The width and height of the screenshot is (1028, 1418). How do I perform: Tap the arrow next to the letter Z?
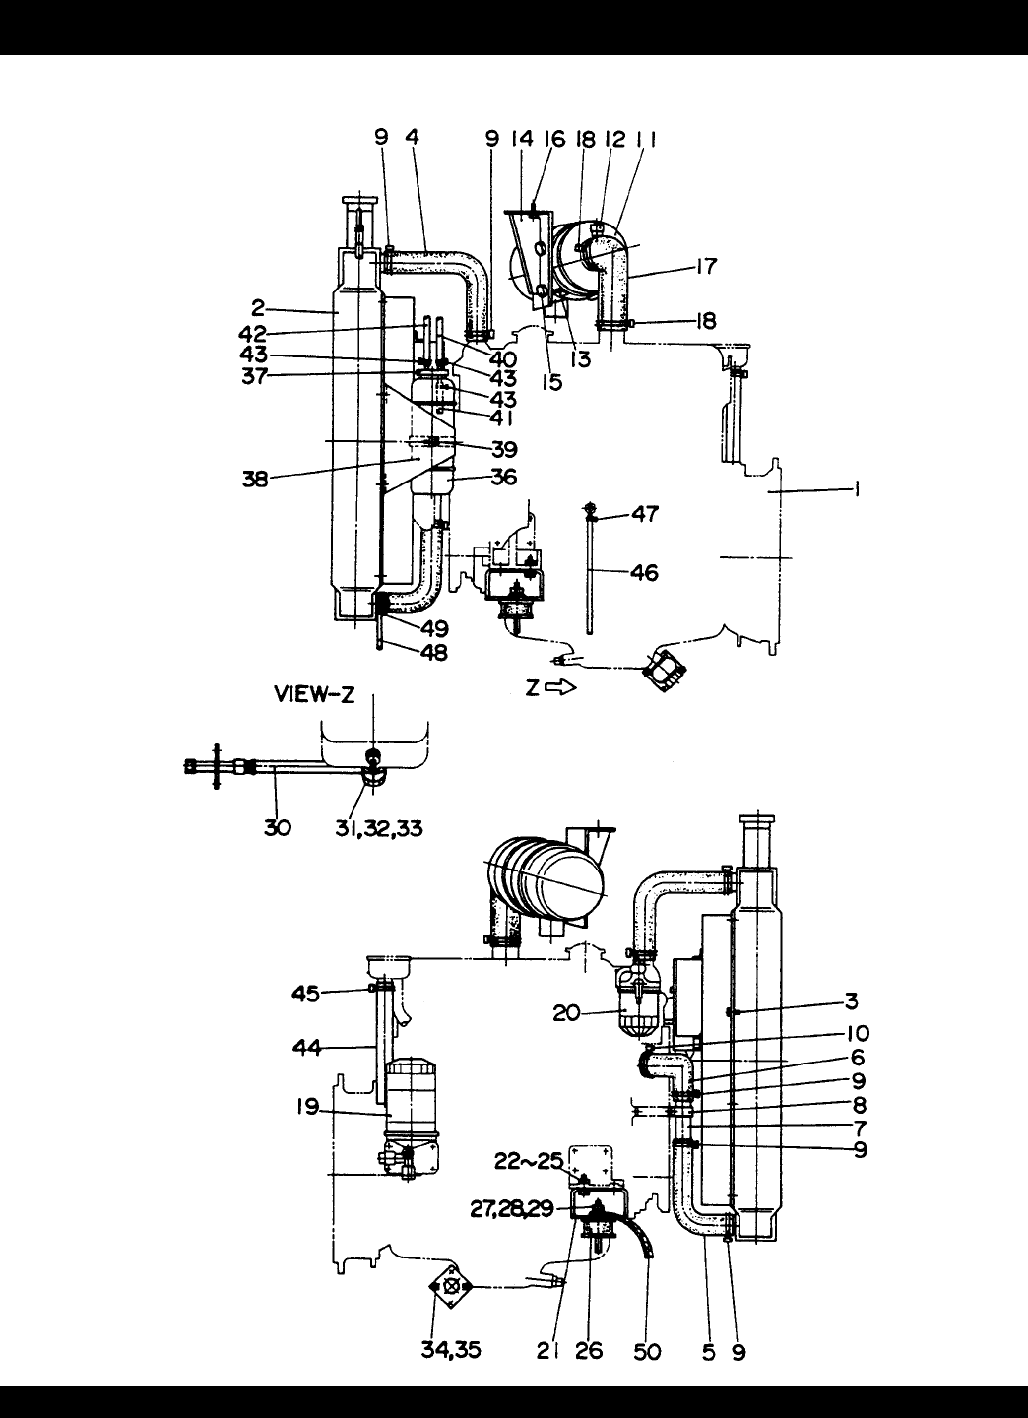tap(561, 688)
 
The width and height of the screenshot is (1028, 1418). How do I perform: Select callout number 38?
tap(255, 480)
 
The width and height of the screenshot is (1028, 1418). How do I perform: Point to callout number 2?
tap(258, 308)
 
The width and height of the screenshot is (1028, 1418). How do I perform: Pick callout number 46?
tap(644, 572)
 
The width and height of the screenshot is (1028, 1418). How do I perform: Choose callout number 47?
tap(645, 513)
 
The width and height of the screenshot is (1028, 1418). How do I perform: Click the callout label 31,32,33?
tap(378, 828)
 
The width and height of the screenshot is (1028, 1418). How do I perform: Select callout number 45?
tap(305, 994)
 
